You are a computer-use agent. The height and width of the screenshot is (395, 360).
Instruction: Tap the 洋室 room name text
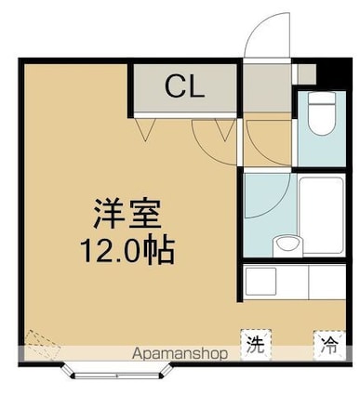(x=127, y=214)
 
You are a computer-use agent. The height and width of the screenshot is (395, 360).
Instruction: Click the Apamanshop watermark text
(x=180, y=353)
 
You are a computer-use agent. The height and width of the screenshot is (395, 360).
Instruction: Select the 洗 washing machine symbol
(x=256, y=345)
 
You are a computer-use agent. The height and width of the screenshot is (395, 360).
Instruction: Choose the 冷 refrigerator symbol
(x=329, y=346)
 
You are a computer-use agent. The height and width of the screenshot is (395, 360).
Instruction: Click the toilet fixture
(x=322, y=113)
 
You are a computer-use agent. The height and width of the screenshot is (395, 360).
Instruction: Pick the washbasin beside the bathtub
(x=287, y=246)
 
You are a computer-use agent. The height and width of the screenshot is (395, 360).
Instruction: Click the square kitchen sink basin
(x=260, y=282)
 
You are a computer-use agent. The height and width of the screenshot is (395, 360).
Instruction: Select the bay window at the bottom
(x=117, y=372)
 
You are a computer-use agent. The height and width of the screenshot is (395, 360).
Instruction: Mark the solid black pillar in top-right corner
(x=333, y=73)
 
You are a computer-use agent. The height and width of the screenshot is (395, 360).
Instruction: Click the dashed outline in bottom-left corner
(x=42, y=345)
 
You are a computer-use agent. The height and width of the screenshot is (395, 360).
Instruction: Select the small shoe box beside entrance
(x=307, y=73)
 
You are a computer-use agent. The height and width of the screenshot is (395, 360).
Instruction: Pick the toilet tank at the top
(x=322, y=99)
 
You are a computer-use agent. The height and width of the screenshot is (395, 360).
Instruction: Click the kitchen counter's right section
(x=327, y=282)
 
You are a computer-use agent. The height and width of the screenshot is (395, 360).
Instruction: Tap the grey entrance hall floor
(x=267, y=88)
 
